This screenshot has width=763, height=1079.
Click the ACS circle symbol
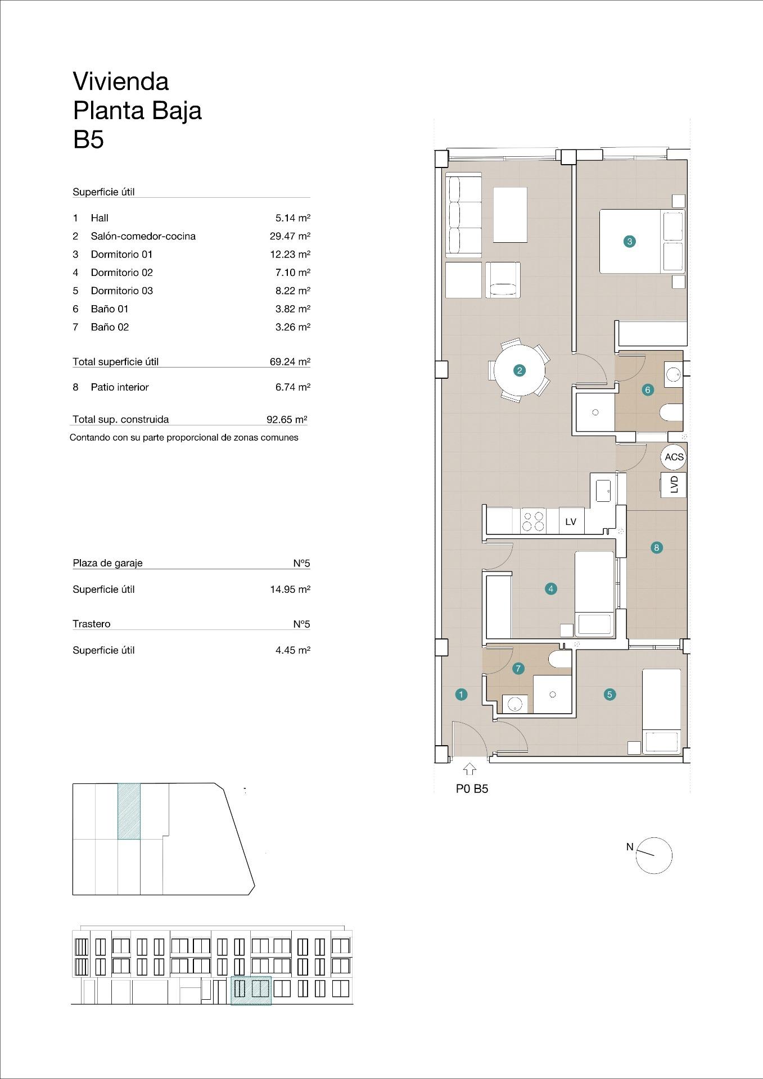pos(674,457)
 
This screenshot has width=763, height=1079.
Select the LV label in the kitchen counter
pos(571,522)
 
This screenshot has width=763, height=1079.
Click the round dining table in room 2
pos(520,370)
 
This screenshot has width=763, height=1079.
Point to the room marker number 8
pos(656,547)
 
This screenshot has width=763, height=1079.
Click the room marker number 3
pos(629,242)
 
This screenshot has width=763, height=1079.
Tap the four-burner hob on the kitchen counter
pos(533,520)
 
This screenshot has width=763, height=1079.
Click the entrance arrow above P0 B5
pos(469,769)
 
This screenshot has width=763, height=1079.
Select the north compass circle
pos(654,855)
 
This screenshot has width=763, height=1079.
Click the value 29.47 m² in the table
pos(290,236)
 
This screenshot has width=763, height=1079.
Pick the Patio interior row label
pos(119,387)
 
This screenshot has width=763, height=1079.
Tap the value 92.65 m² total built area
pos(286,419)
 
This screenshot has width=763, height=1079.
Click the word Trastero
pos(92,624)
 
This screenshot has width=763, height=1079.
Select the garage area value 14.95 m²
pos(290,590)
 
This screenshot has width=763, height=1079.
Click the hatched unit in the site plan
pos(129,811)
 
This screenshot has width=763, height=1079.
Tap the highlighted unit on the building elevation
pos(251,990)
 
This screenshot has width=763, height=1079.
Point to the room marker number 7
pos(518,668)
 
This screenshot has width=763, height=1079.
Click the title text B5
pos(88,139)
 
